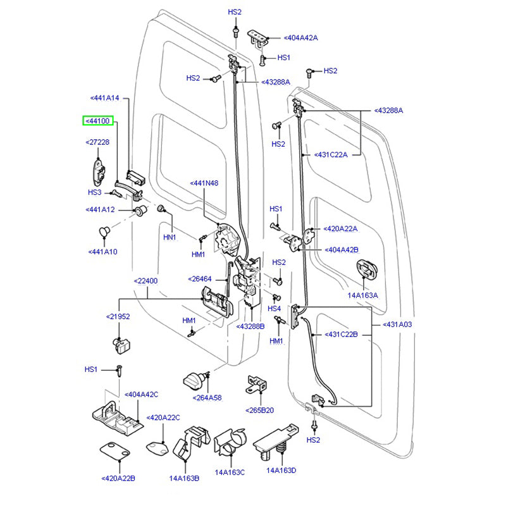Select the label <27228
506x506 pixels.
click(97, 142)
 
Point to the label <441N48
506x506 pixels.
click(204, 183)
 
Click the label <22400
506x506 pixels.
click(145, 281)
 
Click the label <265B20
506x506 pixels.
click(260, 410)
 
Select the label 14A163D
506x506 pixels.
click(281, 471)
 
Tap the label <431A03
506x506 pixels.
click(397, 324)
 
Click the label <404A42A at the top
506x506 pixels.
click(300, 38)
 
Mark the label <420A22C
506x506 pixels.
click(163, 417)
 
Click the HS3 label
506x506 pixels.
click(94, 192)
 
